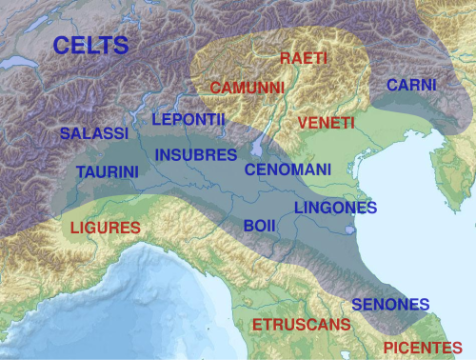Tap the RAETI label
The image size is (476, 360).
click(x=304, y=59)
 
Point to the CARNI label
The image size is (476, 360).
click(x=411, y=86)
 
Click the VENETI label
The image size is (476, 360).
click(x=326, y=124)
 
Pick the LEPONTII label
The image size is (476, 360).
click(x=188, y=120)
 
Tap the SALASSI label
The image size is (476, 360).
click(x=93, y=134)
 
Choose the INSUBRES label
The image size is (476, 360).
click(x=196, y=154)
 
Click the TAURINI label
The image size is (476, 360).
click(x=108, y=172)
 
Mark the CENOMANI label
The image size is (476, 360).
click(x=288, y=170)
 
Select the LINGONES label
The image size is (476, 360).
click(x=335, y=208)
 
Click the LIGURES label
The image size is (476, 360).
click(x=106, y=229)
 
